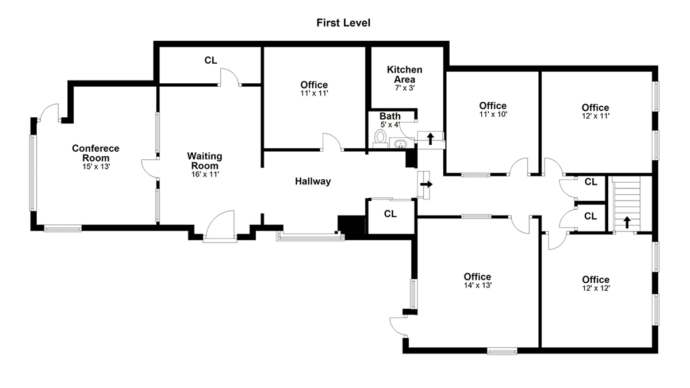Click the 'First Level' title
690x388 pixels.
(343, 23)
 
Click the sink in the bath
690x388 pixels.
(400, 144)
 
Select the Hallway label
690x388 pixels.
(313, 182)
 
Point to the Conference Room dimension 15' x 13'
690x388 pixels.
(96, 167)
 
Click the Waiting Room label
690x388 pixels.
(205, 161)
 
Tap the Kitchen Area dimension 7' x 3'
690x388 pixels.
(405, 88)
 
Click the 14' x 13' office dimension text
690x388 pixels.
(477, 286)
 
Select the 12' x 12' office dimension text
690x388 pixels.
(596, 288)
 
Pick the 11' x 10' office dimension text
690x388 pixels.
(493, 114)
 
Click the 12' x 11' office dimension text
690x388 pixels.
(596, 116)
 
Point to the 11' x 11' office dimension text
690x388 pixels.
(314, 93)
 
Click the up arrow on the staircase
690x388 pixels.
(627, 222)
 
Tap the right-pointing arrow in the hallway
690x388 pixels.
(427, 184)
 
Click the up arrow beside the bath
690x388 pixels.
(430, 139)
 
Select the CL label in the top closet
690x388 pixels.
(210, 60)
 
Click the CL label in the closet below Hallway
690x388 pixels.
(390, 214)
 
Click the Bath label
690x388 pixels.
(390, 116)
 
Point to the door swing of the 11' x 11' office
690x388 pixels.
(332, 141)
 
